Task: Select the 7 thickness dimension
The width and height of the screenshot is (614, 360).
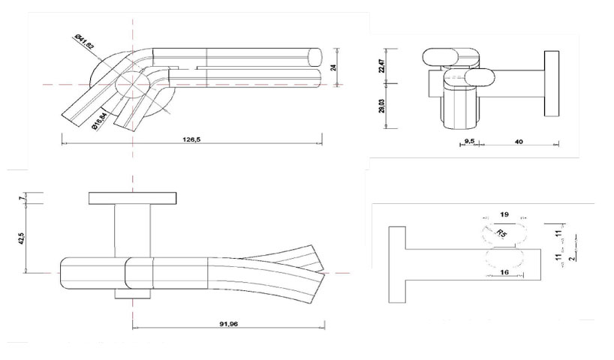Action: point(23,198)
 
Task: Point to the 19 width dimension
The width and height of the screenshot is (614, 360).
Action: point(504,215)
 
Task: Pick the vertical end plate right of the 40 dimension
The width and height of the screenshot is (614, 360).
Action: point(552,85)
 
